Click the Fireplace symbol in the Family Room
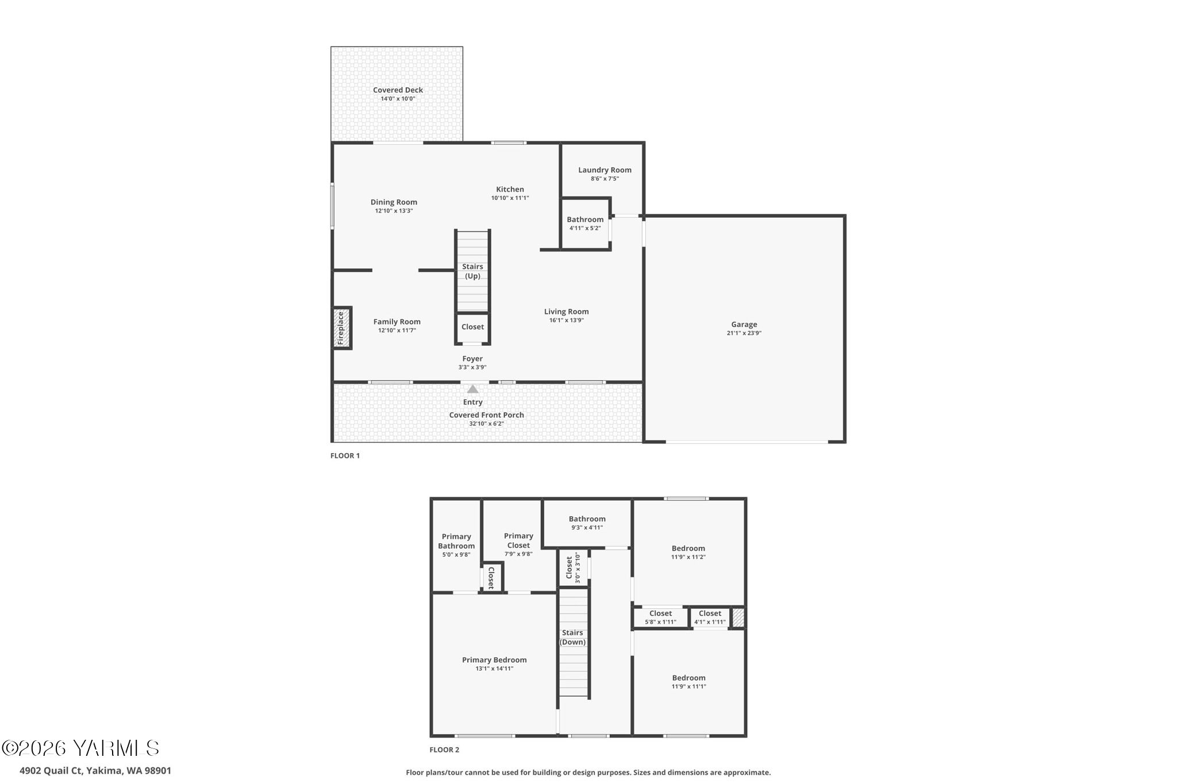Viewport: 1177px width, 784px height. tap(341, 328)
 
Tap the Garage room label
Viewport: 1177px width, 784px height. tap(744, 325)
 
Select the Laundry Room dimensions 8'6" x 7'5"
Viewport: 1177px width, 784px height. tap(605, 179)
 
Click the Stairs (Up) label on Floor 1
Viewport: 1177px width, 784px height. tap(472, 271)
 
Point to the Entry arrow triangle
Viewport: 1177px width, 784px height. tap(472, 389)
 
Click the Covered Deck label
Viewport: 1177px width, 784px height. tap(398, 90)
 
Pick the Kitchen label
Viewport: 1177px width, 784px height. tap(510, 190)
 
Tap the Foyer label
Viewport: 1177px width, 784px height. tap(472, 359)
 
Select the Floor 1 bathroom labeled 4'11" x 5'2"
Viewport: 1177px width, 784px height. tap(585, 223)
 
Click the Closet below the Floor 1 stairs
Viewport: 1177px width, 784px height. tap(472, 327)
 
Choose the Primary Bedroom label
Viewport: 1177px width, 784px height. tap(494, 660)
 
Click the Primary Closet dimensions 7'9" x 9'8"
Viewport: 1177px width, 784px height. tap(518, 554)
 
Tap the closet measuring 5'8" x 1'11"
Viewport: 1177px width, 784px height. tap(660, 617)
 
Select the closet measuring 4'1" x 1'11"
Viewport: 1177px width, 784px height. tap(710, 617)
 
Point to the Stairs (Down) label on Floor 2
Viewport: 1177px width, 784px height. tap(572, 638)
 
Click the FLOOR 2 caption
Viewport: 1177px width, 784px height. tap(444, 750)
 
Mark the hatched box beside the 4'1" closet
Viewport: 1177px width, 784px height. tap(738, 618)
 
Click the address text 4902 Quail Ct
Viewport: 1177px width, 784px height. tap(95, 771)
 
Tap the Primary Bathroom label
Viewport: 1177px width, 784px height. tap(456, 541)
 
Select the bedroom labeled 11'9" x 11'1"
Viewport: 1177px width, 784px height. tap(688, 682)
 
